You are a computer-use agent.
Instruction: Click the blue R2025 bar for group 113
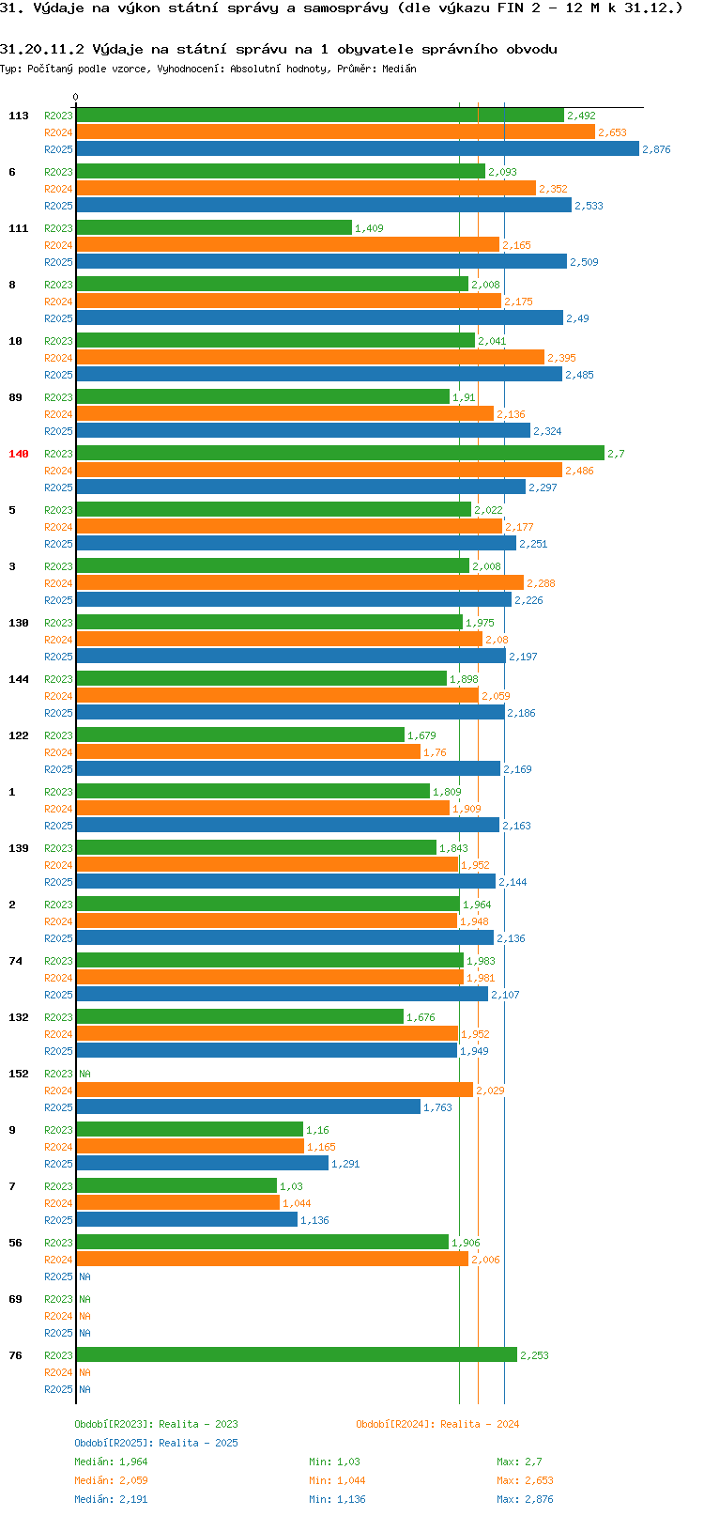tap(357, 149)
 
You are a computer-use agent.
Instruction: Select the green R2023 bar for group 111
tap(214, 228)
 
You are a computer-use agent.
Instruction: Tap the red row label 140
tap(19, 454)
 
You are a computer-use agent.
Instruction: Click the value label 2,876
tap(656, 149)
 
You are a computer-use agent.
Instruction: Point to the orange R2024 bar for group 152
tap(274, 1091)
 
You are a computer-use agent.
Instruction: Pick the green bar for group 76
tap(296, 1355)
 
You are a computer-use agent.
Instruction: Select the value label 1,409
tap(369, 228)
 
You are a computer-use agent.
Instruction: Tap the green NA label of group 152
tap(84, 1074)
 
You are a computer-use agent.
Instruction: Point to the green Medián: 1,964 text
tap(111, 1462)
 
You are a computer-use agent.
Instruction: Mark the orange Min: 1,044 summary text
tap(337, 1480)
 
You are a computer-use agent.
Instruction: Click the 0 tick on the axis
tap(76, 97)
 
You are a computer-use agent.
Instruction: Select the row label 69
tap(15, 1299)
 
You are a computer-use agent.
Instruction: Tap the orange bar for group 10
tap(310, 358)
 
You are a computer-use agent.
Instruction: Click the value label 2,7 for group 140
tap(616, 454)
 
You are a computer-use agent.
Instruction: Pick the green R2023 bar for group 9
tap(189, 1130)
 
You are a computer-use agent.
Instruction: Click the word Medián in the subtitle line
tap(399, 69)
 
